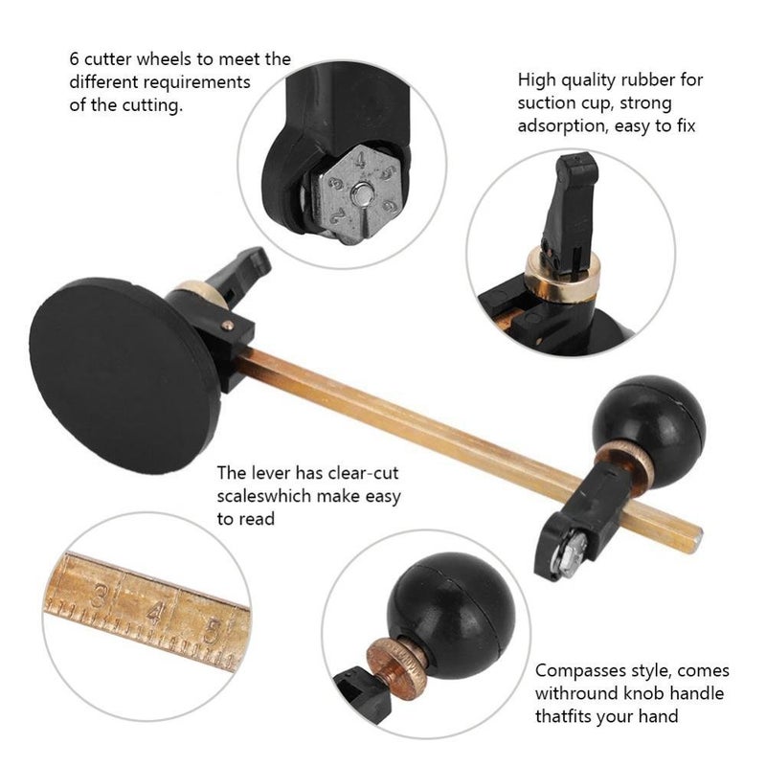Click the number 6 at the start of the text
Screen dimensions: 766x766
pyautogui.click(x=75, y=59)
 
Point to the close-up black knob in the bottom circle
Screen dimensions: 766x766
pyautogui.click(x=451, y=614)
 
